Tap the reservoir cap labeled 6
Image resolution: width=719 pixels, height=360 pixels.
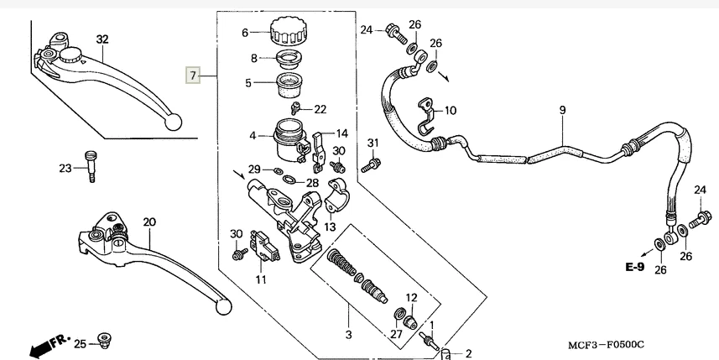289,32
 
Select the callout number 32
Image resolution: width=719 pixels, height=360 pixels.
102,39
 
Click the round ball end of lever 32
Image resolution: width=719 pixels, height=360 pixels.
174,121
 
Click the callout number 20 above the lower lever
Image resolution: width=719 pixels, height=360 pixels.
148,222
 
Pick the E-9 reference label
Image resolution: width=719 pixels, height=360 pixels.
633,268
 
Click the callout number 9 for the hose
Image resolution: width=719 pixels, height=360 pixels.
562,111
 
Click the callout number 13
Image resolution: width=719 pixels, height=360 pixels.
330,227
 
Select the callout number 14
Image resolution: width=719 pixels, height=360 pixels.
341,133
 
